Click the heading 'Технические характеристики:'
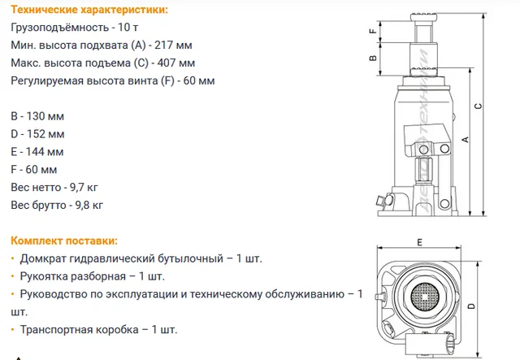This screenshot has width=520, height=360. click(89, 10)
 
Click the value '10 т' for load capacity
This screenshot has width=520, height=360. click(128, 27)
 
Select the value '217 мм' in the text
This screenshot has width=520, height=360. click(173, 46)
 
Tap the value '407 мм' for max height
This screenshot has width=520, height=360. click(175, 63)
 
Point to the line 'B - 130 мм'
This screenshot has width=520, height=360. click(37, 116)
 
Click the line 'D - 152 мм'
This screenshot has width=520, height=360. click(37, 134)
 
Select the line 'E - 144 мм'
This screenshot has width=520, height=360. click(37, 152)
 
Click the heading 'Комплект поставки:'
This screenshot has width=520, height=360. click(64, 241)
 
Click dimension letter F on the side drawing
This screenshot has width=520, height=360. click(373, 31)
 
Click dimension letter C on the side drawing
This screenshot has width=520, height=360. click(478, 106)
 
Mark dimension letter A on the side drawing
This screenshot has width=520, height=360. click(466, 140)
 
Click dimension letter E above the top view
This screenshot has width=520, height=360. click(420, 242)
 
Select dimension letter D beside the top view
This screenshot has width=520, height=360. click(471, 306)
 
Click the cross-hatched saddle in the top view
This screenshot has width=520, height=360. click(425, 297)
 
